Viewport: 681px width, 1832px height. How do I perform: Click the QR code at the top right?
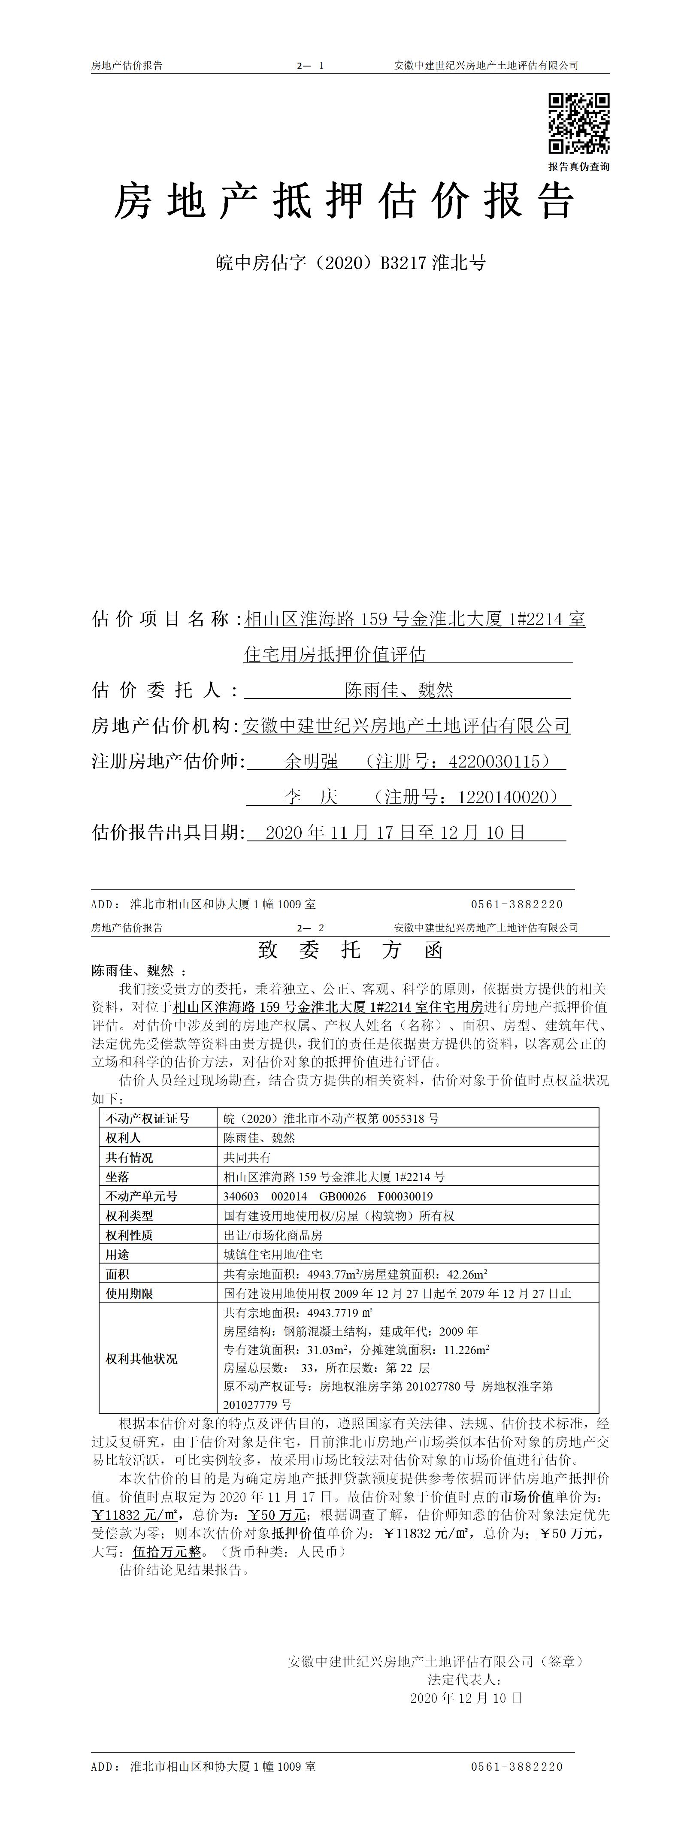578,123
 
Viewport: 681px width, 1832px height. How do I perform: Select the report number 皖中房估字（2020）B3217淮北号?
351,263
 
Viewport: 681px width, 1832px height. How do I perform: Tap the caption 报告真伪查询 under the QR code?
578,166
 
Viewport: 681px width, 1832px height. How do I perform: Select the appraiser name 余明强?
311,762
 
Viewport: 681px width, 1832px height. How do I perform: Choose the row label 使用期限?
130,1294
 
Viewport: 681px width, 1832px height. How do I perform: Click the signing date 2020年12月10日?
466,1698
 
